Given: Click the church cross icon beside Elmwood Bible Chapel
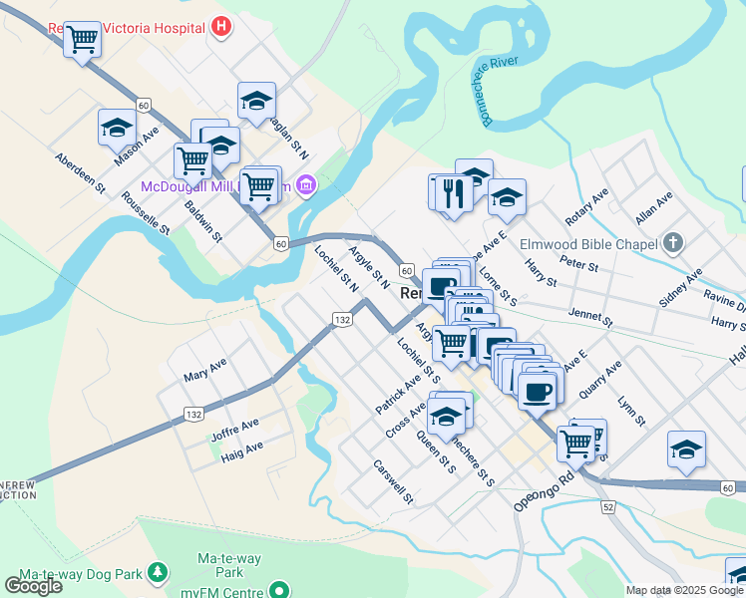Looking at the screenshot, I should [x=674, y=243].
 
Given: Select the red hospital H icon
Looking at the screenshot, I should [x=222, y=27].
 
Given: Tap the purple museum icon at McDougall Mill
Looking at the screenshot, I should [x=307, y=185].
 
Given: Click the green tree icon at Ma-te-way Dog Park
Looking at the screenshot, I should [x=157, y=573].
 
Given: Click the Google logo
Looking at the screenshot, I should [x=33, y=585].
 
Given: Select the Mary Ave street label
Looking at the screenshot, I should [x=205, y=371].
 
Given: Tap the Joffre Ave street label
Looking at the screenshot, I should [x=234, y=430].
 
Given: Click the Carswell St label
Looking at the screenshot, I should [x=392, y=479].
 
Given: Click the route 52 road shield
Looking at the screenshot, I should [x=608, y=507].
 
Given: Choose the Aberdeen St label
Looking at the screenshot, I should [x=80, y=171].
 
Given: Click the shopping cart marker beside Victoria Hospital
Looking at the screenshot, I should [x=82, y=40].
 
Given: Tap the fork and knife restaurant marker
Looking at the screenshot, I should [x=454, y=191].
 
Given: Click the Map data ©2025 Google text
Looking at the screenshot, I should [x=684, y=590].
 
